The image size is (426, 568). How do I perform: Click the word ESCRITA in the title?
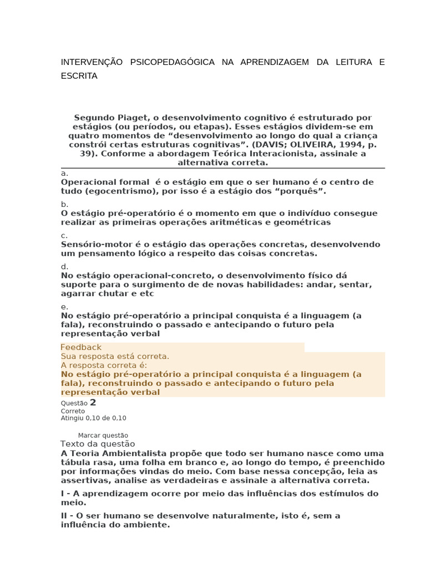point(79,76)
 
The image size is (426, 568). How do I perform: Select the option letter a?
point(64,173)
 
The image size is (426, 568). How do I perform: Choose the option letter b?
point(64,204)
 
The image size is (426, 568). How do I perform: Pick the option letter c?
point(64,235)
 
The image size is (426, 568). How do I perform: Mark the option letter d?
point(64,266)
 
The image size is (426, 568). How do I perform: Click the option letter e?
point(64,307)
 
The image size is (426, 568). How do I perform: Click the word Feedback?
point(81,347)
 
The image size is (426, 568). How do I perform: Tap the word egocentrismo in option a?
point(117,191)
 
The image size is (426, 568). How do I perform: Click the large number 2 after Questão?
point(93,403)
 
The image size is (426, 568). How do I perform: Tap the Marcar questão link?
point(103,435)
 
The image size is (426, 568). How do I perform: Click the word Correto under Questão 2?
point(73,411)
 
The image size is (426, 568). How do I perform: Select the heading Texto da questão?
point(97,444)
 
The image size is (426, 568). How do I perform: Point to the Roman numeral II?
point(65,516)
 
